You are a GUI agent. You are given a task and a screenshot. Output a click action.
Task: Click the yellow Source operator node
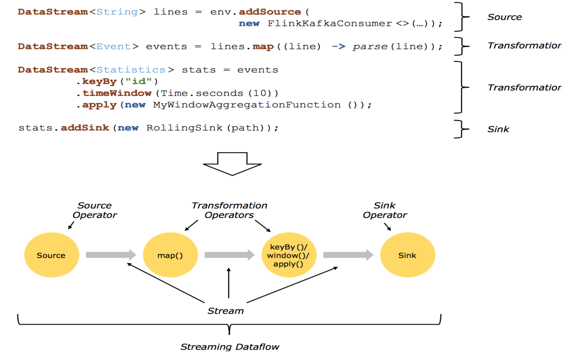(51, 255)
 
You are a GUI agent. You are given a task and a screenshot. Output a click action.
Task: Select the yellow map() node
(170, 255)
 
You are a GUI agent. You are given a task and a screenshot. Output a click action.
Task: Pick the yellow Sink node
(407, 255)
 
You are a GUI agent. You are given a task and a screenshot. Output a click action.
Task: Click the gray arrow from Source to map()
(111, 255)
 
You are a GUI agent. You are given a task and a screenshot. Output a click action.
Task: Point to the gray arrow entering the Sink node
(348, 255)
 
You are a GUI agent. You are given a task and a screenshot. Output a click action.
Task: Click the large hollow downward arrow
(232, 163)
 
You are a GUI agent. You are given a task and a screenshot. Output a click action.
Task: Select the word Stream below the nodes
(225, 311)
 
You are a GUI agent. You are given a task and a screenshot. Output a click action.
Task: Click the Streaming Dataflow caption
(230, 347)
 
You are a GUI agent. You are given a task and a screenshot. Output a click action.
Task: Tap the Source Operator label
(95, 210)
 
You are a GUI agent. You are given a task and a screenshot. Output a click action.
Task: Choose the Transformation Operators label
(229, 210)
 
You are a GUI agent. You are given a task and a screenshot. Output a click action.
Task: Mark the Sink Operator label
(385, 210)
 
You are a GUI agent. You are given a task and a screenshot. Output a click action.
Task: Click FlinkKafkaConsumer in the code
(330, 23)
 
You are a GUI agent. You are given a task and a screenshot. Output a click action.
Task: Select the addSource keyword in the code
(270, 12)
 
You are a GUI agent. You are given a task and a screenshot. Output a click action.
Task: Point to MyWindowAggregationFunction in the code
(247, 105)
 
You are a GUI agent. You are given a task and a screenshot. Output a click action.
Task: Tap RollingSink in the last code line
(184, 128)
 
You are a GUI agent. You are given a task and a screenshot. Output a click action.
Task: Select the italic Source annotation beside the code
(504, 17)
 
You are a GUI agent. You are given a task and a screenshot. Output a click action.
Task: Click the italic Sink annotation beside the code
(498, 130)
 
